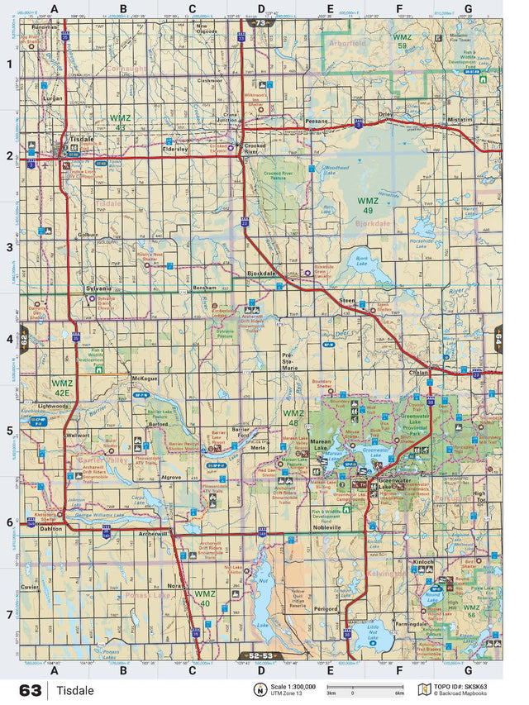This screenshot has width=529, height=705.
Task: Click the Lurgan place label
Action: [53, 98]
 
